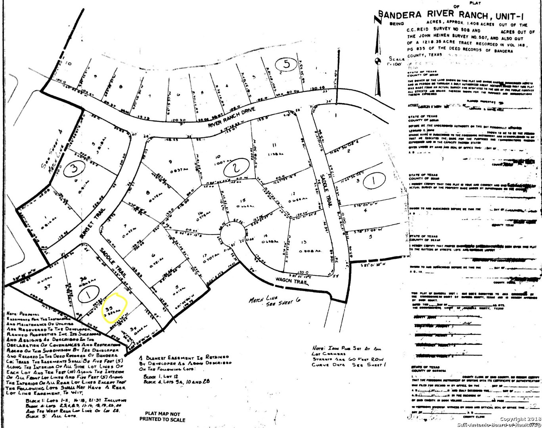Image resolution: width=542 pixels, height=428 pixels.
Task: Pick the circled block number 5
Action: [x=284, y=63]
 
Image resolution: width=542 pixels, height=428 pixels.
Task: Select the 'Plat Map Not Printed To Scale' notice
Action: [x=162, y=417]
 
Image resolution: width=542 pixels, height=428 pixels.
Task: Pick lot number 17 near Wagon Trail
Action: [x=205, y=255]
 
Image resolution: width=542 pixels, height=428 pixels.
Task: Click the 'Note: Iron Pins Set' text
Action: [x=346, y=349]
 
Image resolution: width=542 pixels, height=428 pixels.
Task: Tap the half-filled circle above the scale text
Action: [x=377, y=61]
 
